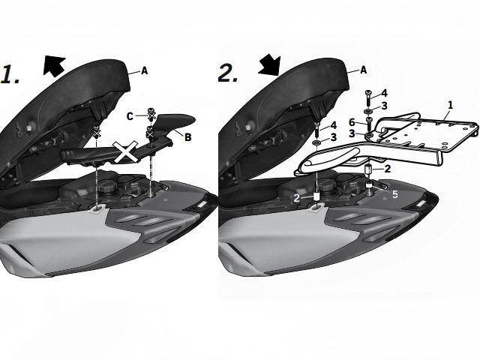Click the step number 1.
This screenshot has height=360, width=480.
point(9,74)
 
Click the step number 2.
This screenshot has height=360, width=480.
point(228,73)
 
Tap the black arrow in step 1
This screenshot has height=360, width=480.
point(54,65)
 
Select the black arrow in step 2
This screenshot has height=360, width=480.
point(270,65)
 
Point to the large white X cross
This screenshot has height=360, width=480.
point(125,151)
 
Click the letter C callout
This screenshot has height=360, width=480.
point(130,117)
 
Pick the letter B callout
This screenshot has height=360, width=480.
point(187,136)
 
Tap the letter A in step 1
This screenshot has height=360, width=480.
point(144,71)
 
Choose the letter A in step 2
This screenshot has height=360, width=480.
point(363,70)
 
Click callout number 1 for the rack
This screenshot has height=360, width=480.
point(450,105)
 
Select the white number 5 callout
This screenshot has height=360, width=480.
point(395,194)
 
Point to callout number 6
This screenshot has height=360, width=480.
point(352,122)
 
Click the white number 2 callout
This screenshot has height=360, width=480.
point(297,198)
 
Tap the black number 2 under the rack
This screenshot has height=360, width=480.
point(388,168)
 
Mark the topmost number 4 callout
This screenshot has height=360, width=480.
point(384,93)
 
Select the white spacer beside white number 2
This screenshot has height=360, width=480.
point(316,196)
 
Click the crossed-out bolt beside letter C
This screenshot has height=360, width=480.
point(151,114)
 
